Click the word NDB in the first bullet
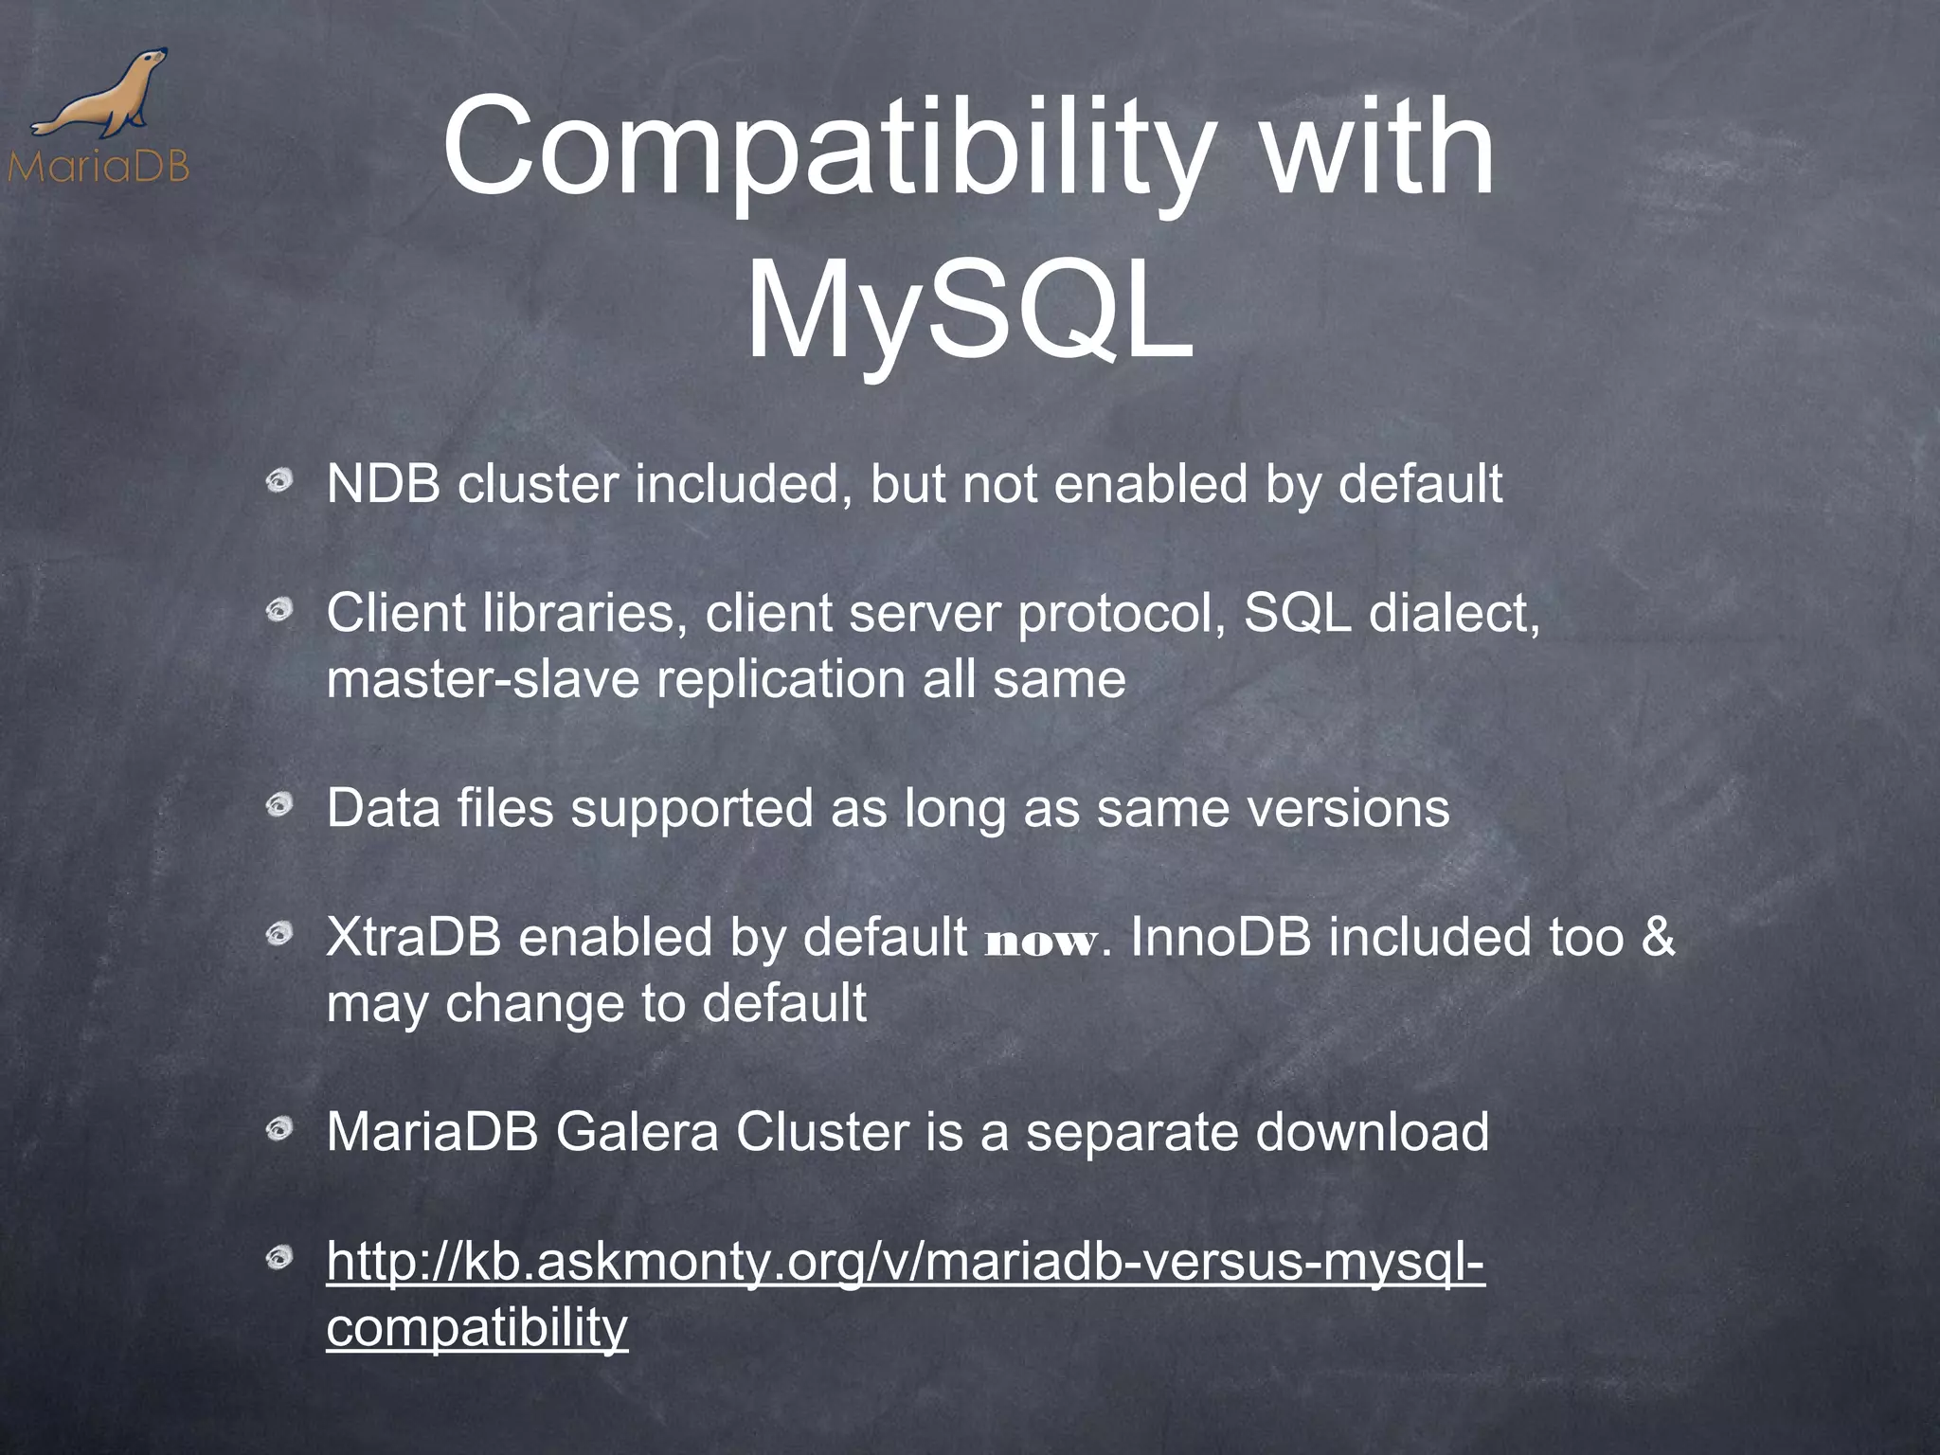(383, 484)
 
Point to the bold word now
(1041, 942)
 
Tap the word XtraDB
(413, 938)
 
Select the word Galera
(637, 1132)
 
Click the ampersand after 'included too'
(1657, 938)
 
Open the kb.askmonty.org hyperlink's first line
(905, 1263)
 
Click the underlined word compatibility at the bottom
(476, 1328)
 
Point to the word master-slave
(483, 680)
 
